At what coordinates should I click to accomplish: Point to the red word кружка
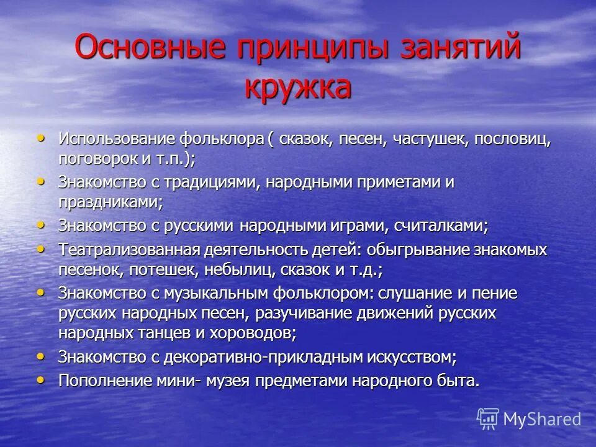(297, 86)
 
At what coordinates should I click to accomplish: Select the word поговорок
(98, 159)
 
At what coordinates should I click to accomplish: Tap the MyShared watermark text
(542, 419)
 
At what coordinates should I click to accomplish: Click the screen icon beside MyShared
(488, 418)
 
